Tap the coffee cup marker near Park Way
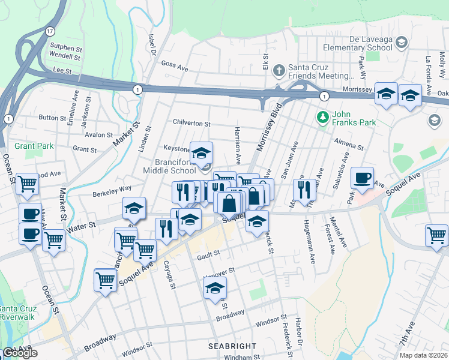pos(362,178)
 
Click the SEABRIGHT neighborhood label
pos(232,346)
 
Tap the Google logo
pos(20,353)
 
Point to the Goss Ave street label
pos(175,66)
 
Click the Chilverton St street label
pos(191,123)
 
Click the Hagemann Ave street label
pos(312,250)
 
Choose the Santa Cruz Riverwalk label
pos(18,313)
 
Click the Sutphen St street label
pos(65,46)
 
